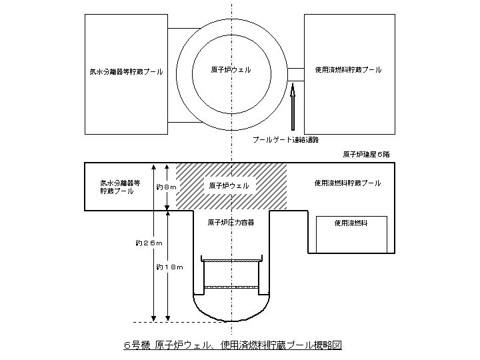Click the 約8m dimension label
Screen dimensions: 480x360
pos(166,187)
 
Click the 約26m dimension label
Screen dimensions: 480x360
pos(149,243)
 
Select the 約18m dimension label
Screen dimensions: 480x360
pos(169,267)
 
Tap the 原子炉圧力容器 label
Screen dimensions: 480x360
pos(231,223)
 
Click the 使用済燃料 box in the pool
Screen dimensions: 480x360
pos(351,235)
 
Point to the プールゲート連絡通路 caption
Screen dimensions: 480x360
pos(285,140)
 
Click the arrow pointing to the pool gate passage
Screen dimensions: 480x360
pos(293,106)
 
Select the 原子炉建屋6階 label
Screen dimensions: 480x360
pos(366,154)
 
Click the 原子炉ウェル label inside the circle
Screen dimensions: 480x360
pos(231,70)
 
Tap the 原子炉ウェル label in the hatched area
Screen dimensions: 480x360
pos(229,186)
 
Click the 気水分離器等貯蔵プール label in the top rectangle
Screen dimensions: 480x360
pos(126,72)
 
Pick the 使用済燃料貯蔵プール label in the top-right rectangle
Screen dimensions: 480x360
pos(349,70)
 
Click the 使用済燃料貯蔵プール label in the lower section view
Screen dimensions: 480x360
pos(347,183)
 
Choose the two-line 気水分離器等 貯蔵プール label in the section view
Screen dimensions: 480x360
pos(120,187)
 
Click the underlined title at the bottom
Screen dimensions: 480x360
pos(233,345)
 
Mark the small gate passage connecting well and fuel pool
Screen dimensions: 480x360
pos(296,75)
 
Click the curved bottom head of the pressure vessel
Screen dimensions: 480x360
pos(231,310)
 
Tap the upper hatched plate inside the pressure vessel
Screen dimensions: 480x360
pos(231,261)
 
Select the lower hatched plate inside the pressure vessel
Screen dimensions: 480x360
pos(231,287)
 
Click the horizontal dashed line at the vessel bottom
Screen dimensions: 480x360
pos(180,322)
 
